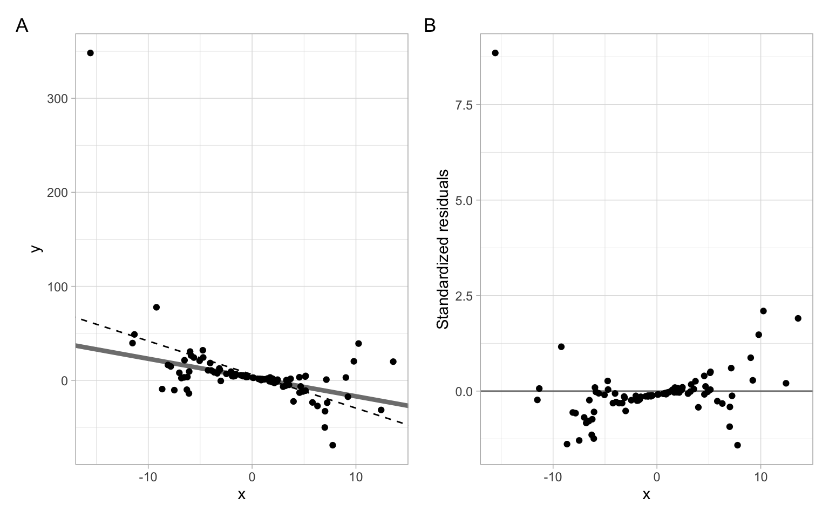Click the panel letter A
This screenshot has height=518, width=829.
(22, 25)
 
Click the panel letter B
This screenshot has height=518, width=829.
(430, 25)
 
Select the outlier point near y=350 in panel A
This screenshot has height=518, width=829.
(90, 53)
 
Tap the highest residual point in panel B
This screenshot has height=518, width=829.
(495, 53)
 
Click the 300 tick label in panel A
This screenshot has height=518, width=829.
(57, 98)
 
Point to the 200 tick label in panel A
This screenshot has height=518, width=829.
(57, 192)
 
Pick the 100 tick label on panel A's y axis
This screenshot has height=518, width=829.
(57, 287)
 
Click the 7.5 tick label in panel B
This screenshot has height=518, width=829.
(464, 105)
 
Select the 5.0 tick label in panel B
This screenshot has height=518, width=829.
(464, 200)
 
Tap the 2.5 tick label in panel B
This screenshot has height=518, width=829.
(464, 296)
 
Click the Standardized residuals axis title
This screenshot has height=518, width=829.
(443, 249)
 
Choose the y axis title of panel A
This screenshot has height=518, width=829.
(36, 249)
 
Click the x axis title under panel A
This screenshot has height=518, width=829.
(241, 494)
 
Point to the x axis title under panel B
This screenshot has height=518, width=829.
(646, 494)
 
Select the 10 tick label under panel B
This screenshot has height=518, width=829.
(760, 478)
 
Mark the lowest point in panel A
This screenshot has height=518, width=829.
(332, 445)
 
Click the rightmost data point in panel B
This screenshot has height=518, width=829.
(798, 318)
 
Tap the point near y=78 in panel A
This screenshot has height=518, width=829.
(157, 307)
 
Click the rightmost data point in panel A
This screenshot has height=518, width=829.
(393, 362)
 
